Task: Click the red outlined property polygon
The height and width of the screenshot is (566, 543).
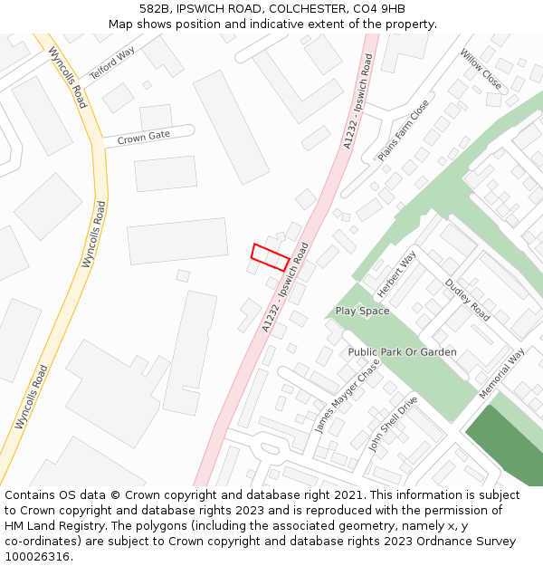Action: click(270, 257)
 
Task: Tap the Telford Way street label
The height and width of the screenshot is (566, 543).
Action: click(111, 62)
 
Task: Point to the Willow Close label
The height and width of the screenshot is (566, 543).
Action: click(480, 70)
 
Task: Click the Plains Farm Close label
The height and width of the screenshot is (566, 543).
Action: click(404, 131)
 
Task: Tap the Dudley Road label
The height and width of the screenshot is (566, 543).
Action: click(467, 300)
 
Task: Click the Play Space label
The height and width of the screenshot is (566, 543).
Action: click(362, 311)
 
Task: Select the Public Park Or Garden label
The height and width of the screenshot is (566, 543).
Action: click(403, 351)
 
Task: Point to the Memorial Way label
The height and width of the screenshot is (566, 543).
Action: click(501, 374)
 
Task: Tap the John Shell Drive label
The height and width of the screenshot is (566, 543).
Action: click(391, 424)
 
